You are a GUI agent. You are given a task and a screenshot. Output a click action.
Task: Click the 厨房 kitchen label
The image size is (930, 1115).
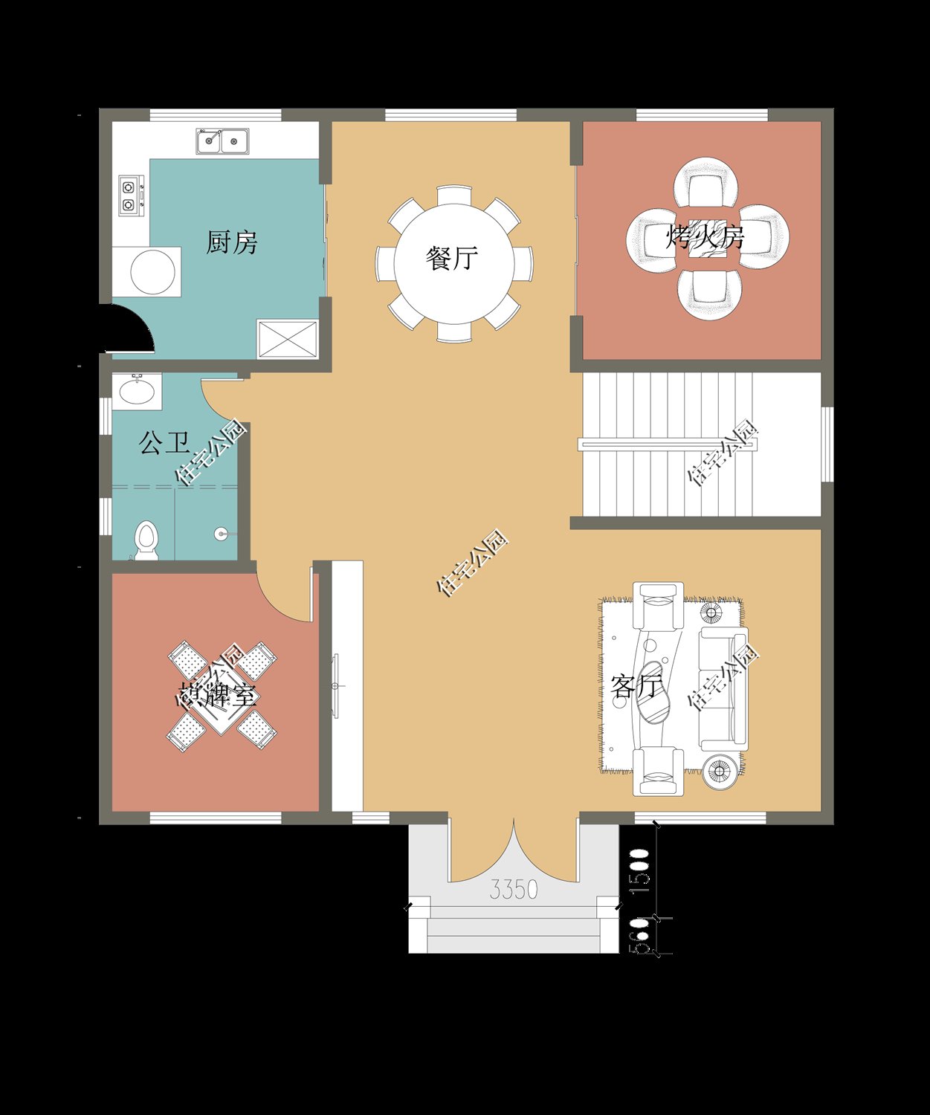click(231, 242)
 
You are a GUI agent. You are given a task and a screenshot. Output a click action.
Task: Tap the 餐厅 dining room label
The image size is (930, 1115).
click(451, 258)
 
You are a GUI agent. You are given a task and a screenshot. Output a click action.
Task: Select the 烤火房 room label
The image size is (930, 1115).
click(704, 238)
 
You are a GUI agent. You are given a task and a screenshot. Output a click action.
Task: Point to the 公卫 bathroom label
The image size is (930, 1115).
click(164, 444)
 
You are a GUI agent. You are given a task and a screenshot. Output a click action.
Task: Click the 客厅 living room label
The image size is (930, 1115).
click(636, 686)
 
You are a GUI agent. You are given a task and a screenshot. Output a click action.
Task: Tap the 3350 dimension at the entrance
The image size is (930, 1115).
click(513, 889)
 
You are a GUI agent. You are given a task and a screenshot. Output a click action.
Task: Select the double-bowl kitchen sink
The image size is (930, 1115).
click(222, 140)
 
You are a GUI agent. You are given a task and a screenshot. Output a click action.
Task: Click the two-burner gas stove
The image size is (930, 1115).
click(131, 195)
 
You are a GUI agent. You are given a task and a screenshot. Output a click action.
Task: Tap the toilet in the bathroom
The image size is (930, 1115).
click(146, 539)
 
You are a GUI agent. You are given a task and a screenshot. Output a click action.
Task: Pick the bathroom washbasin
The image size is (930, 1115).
click(136, 391)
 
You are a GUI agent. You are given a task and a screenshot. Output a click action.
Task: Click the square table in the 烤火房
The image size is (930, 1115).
click(706, 239)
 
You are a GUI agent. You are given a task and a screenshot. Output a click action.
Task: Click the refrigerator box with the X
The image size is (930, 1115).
click(287, 338)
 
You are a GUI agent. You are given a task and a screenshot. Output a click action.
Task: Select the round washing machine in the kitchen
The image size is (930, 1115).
click(153, 272)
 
